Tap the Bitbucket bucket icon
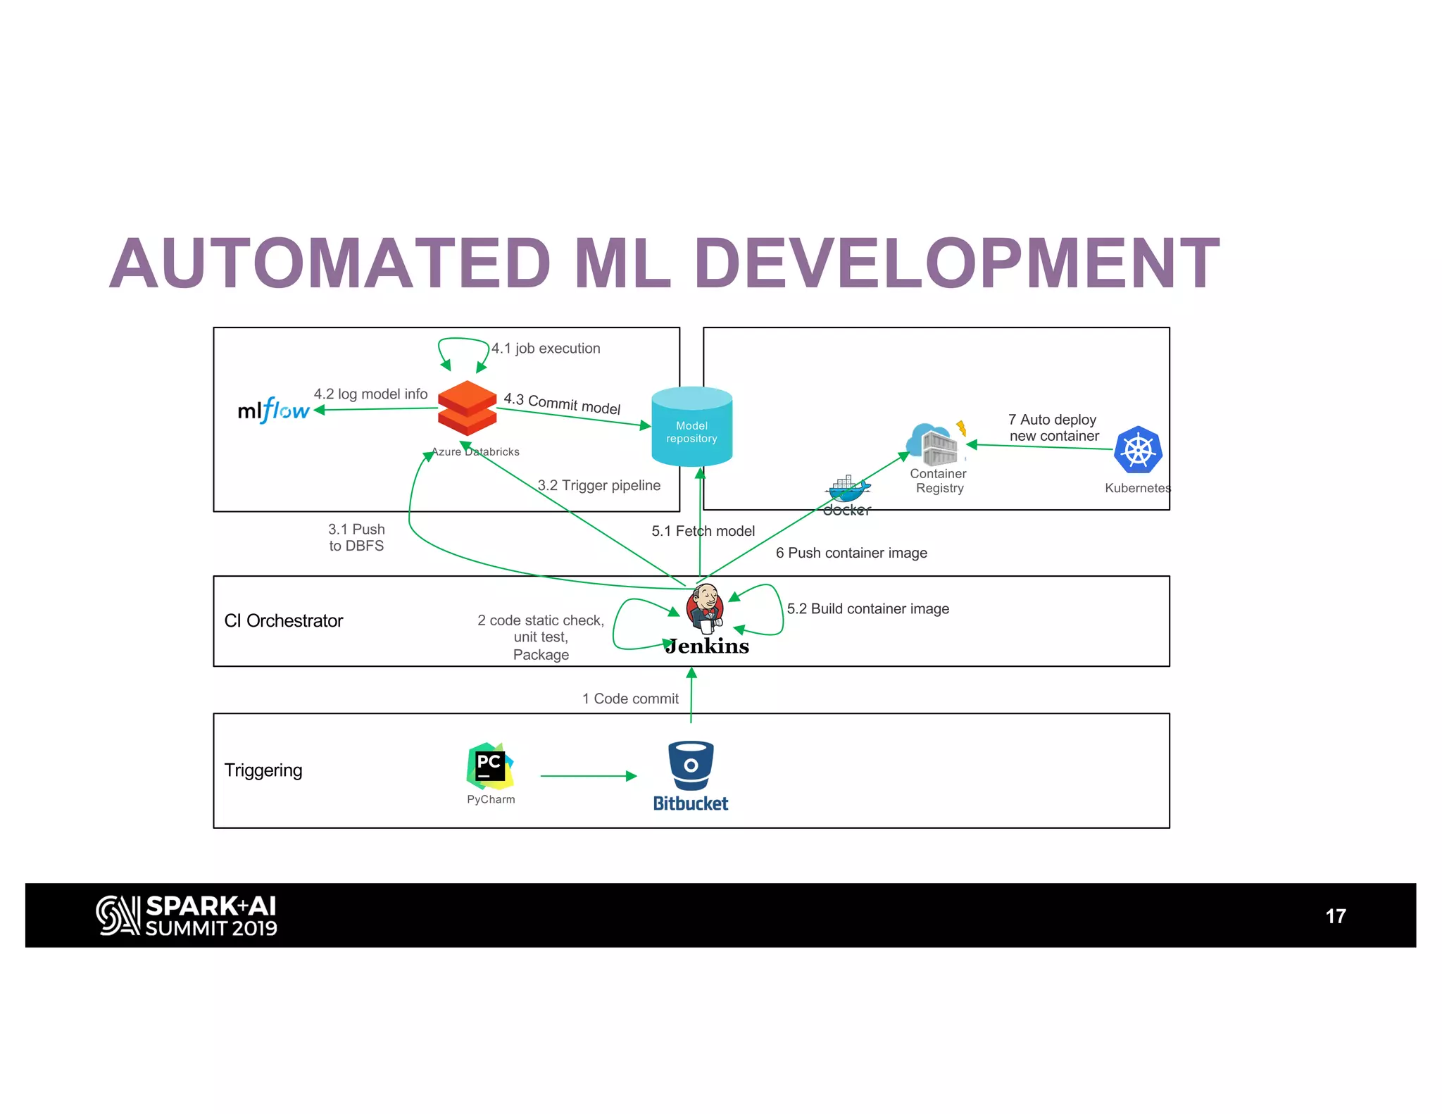point(691,765)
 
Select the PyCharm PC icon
point(490,765)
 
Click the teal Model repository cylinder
point(691,427)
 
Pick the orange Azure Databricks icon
point(467,408)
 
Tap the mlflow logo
point(273,410)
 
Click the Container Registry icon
point(934,444)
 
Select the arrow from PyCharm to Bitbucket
point(588,776)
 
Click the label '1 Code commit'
point(630,699)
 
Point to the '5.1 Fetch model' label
point(703,531)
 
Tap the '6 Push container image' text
point(851,553)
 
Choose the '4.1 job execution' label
point(546,348)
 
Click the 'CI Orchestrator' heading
point(283,620)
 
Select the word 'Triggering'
point(263,770)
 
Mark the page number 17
point(1335,916)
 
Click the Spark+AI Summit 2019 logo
point(187,915)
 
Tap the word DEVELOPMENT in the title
point(956,264)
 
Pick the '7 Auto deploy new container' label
point(1053,427)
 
